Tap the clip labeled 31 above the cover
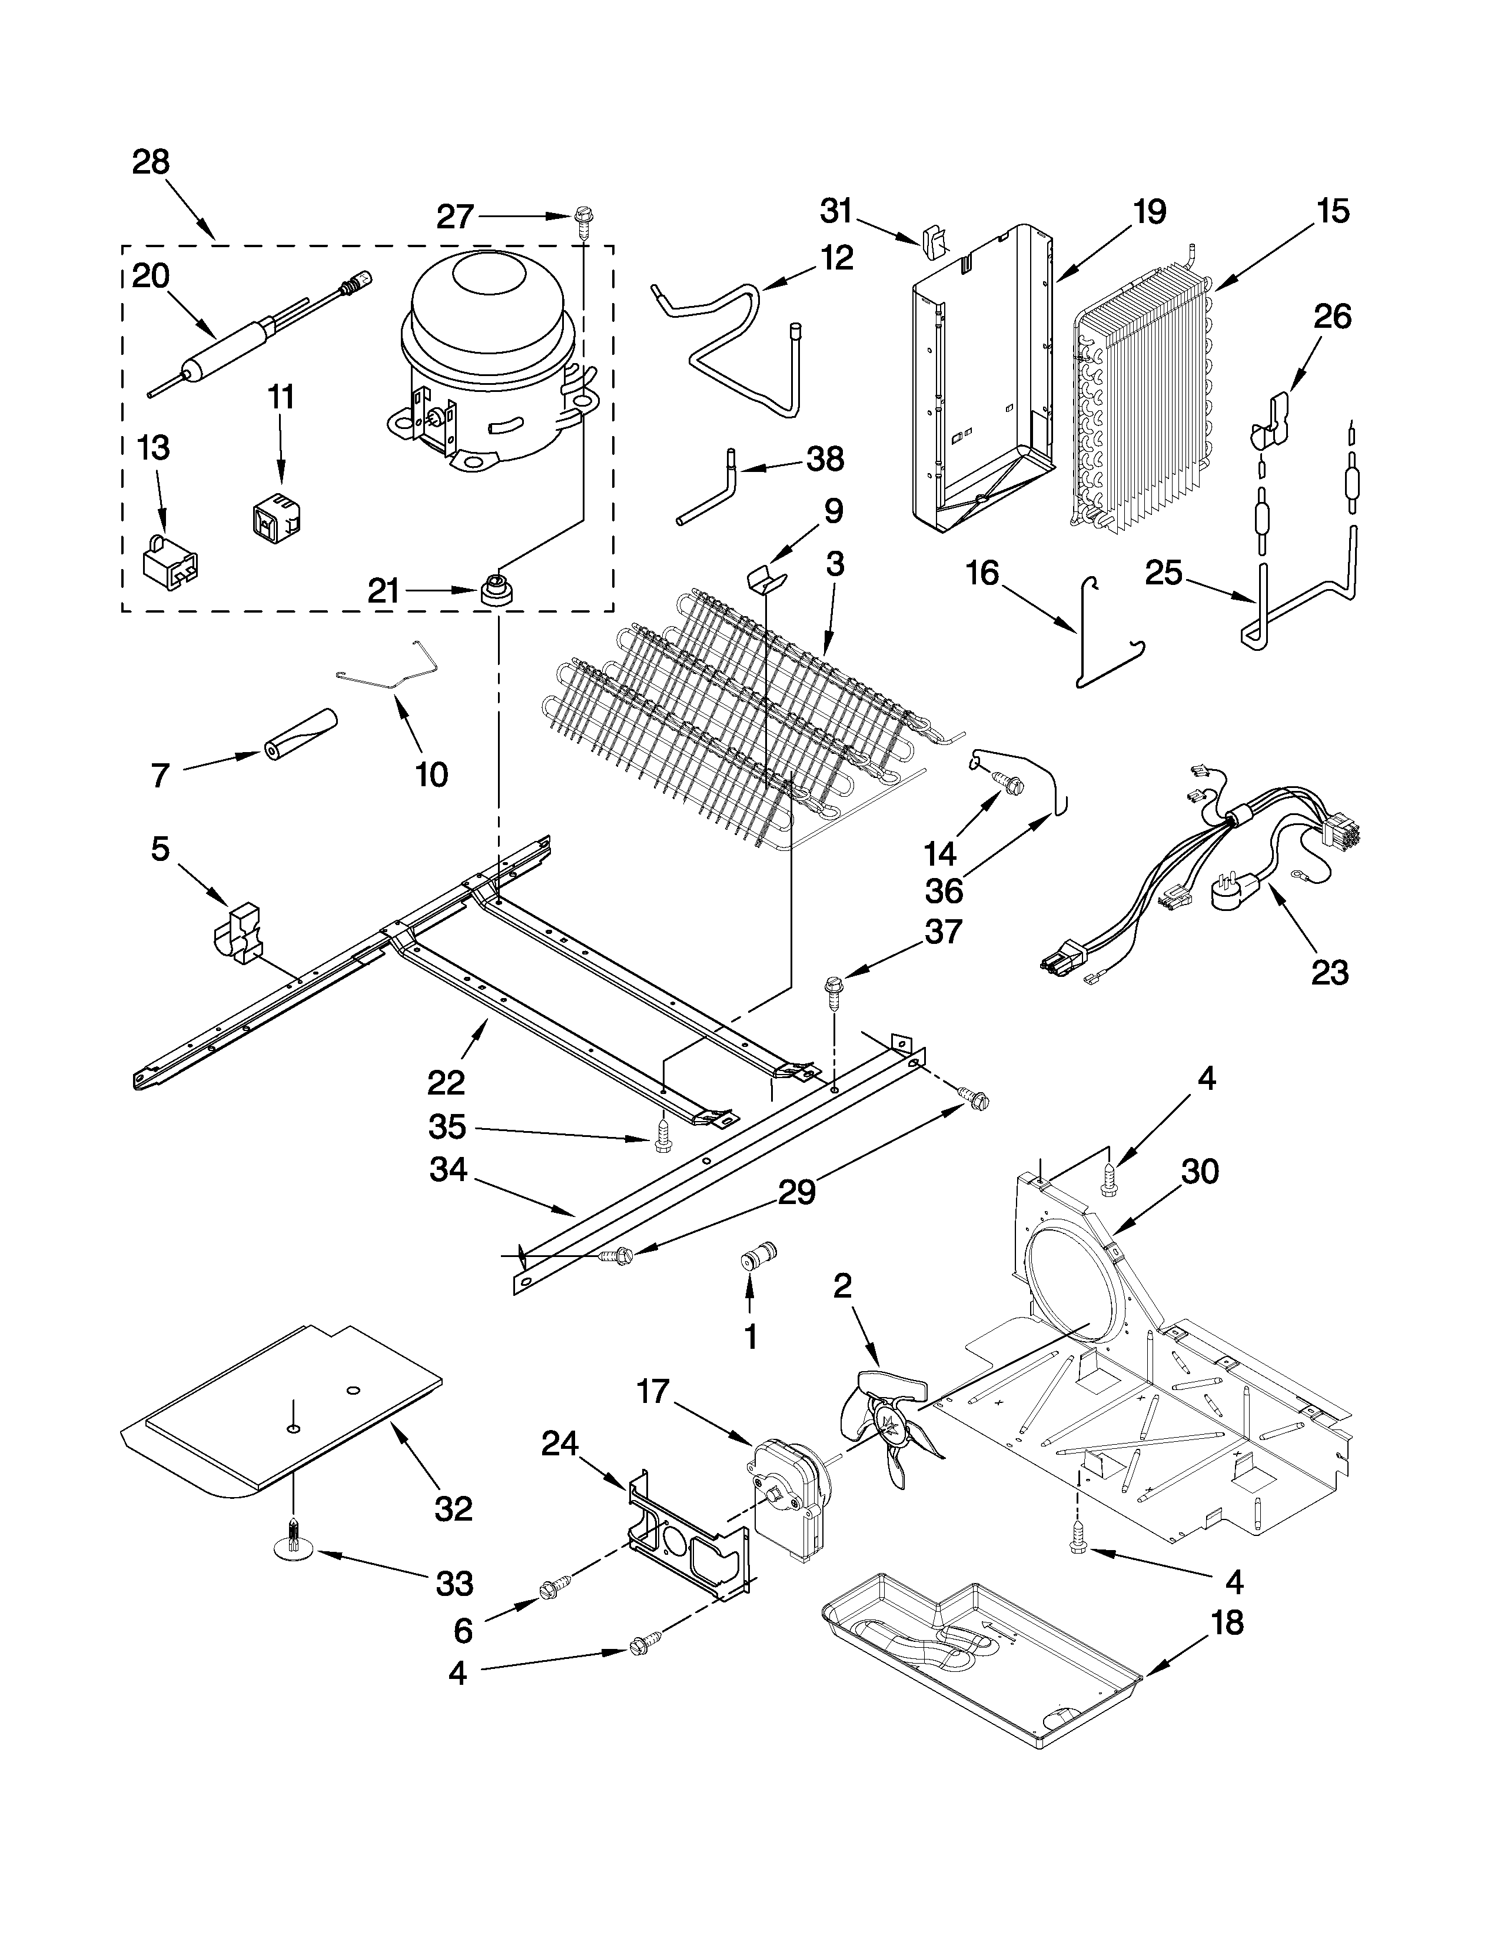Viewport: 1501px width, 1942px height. [933, 242]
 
